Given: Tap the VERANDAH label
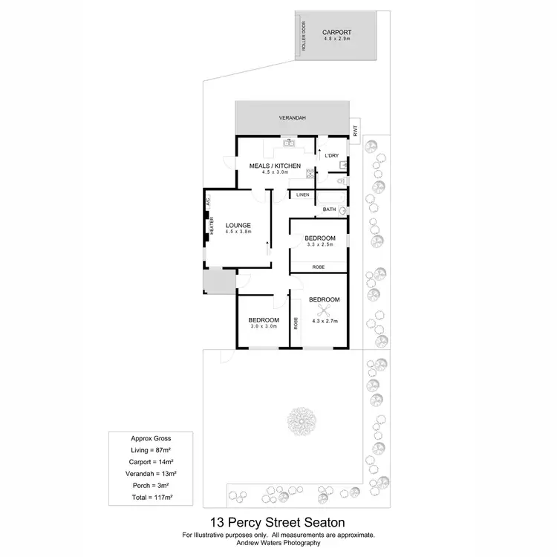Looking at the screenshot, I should (292, 118).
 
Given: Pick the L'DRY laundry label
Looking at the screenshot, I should (331, 155).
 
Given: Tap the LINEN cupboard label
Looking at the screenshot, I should (302, 195).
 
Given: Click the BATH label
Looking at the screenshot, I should (329, 210).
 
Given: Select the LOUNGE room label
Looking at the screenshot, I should (238, 225).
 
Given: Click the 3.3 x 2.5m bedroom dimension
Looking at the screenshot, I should (320, 244).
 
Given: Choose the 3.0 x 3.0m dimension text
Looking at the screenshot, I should (263, 326).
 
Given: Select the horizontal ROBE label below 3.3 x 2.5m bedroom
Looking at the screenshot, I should (318, 266).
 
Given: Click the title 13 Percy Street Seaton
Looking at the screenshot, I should (278, 523).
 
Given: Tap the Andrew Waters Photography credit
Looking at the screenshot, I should (278, 543).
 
